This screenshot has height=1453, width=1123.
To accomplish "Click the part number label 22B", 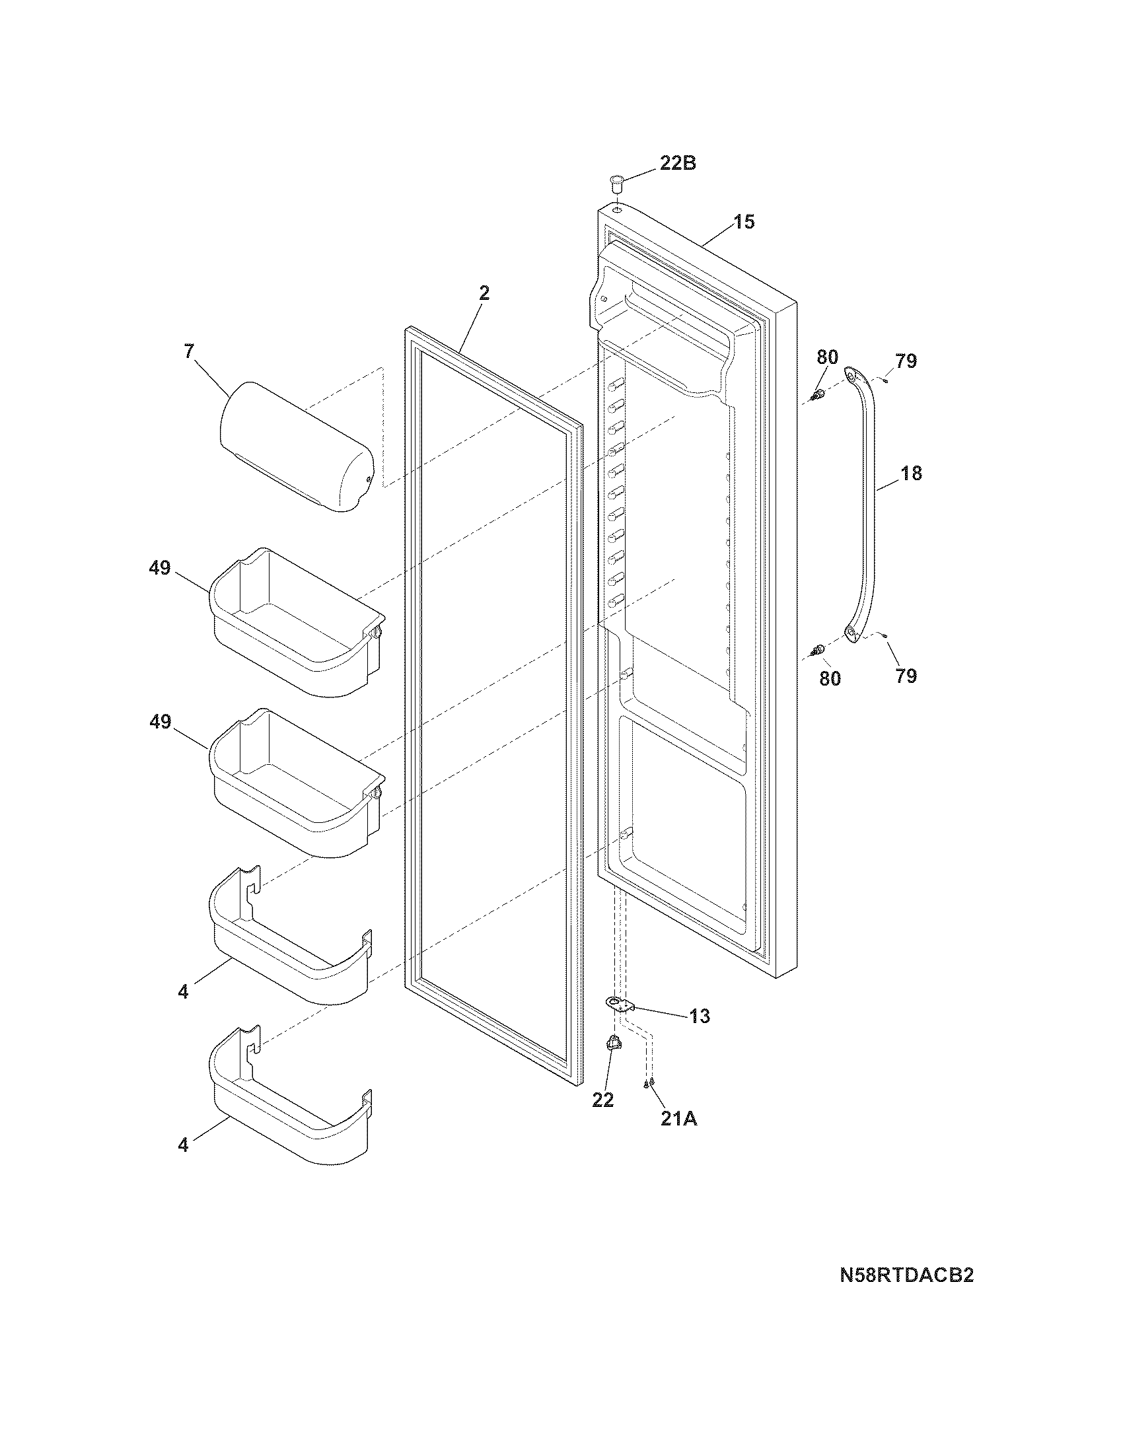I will pyautogui.click(x=677, y=163).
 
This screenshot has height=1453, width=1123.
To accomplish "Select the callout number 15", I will pyautogui.click(x=744, y=221).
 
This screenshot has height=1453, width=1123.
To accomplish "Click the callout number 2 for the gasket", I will pyautogui.click(x=484, y=293).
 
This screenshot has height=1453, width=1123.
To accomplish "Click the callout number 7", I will pyautogui.click(x=189, y=352).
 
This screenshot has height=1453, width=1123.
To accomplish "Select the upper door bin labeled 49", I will pyautogui.click(x=296, y=622).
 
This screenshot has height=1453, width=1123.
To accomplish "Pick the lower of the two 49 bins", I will pyautogui.click(x=296, y=782).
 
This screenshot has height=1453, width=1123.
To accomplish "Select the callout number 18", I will pyautogui.click(x=912, y=474).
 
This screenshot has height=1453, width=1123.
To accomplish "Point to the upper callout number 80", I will pyautogui.click(x=827, y=357).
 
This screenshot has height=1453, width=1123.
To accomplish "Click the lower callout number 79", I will pyautogui.click(x=906, y=676).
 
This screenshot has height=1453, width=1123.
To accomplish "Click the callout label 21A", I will pyautogui.click(x=678, y=1119).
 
